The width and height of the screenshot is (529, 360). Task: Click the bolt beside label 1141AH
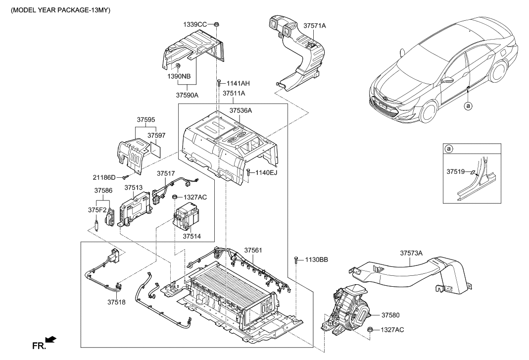click(x=218, y=84)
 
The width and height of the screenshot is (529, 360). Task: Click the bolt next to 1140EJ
click(x=247, y=172)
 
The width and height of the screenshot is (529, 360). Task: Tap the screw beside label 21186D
click(x=127, y=176)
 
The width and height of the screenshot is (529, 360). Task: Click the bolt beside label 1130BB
click(x=295, y=259)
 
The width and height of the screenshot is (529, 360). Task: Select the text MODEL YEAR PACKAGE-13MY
click(x=57, y=10)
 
